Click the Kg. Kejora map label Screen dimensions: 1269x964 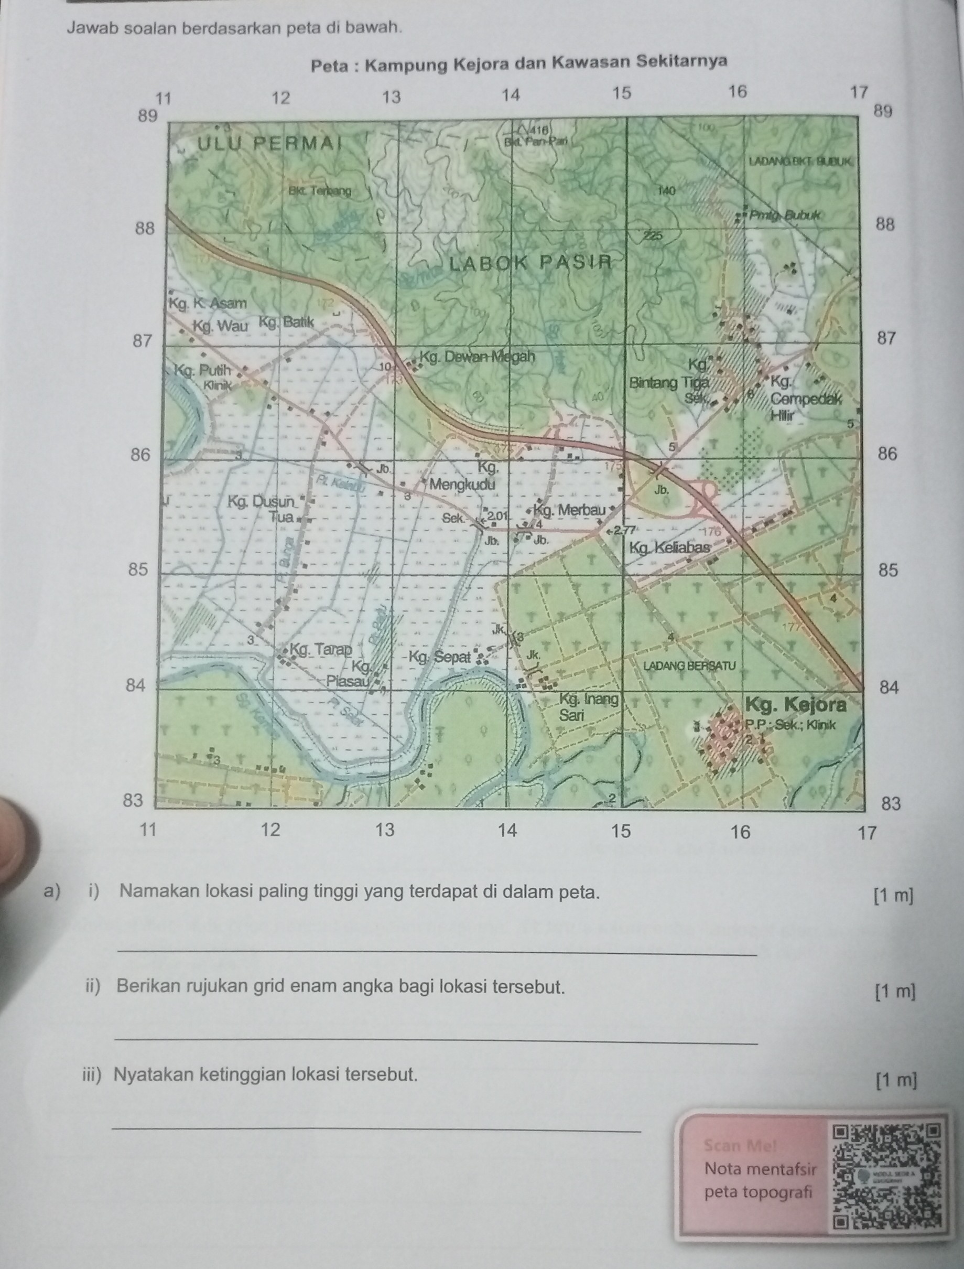click(796, 704)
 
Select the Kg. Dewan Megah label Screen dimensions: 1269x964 click(477, 357)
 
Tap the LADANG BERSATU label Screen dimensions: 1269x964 click(689, 666)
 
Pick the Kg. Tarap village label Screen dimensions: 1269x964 click(321, 650)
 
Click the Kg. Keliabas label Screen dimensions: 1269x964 click(669, 547)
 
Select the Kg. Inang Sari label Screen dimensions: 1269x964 click(588, 707)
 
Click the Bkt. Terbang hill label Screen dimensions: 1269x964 click(320, 190)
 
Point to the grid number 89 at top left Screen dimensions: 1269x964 click(147, 116)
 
